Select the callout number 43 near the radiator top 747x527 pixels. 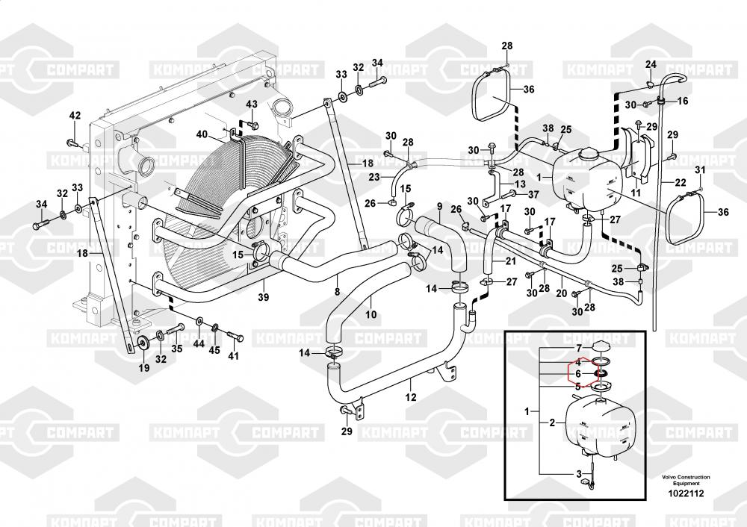(x=252, y=104)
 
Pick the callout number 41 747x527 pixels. (x=234, y=356)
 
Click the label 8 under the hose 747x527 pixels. (x=337, y=291)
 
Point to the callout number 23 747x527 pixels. (x=374, y=176)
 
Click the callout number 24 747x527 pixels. (x=651, y=64)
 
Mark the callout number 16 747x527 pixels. (x=684, y=101)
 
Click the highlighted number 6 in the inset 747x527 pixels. (x=577, y=374)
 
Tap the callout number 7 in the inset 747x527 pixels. (x=577, y=349)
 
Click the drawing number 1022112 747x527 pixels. (x=685, y=492)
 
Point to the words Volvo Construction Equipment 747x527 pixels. (x=685, y=479)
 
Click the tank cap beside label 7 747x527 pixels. (x=601, y=345)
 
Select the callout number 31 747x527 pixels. (x=700, y=171)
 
